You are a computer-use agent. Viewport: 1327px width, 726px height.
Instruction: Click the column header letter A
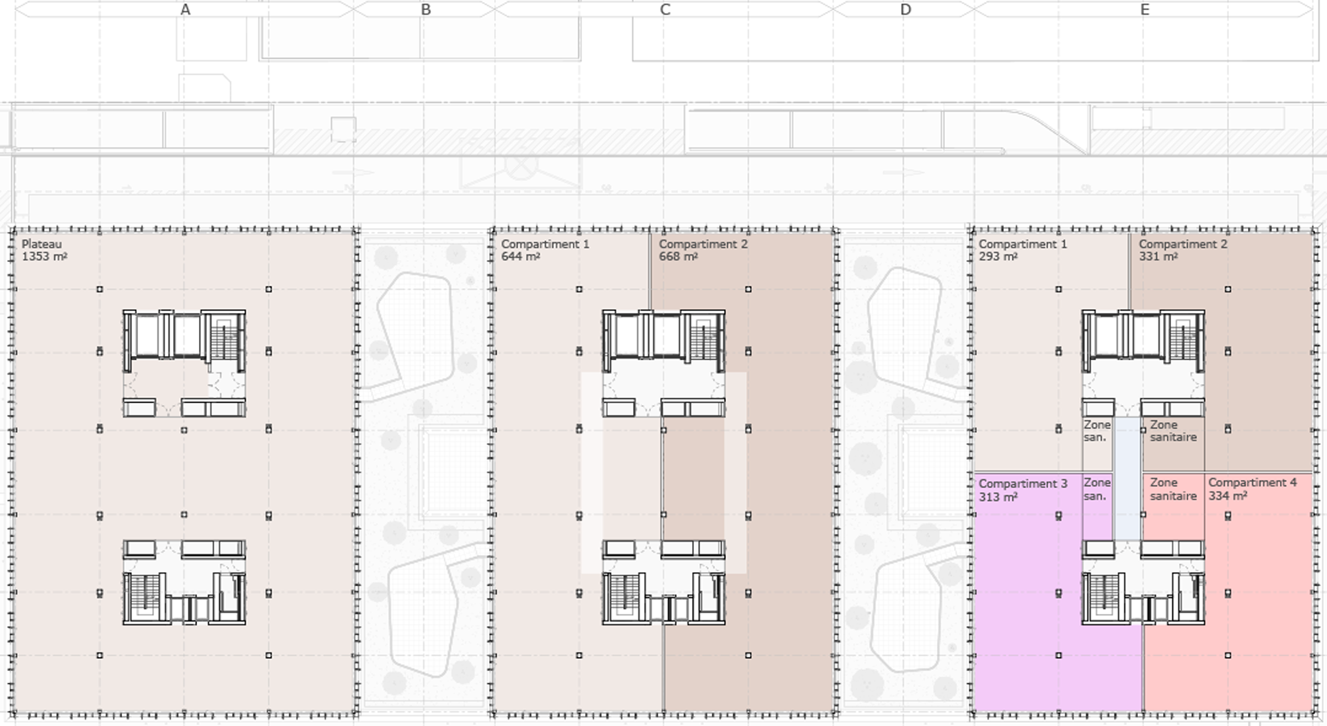[185, 9]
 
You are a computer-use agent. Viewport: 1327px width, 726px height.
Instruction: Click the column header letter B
[426, 9]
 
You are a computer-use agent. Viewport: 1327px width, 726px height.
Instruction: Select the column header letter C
[665, 9]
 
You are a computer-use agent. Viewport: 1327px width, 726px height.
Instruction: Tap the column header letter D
[906, 9]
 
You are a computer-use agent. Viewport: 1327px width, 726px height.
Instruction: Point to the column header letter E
[1145, 9]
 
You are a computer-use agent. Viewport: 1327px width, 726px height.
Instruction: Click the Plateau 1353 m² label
[44, 250]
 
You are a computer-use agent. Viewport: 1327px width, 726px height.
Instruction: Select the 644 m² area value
[520, 257]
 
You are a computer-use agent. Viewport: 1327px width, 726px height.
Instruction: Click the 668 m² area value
[678, 257]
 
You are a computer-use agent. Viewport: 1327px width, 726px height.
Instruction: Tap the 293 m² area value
[998, 257]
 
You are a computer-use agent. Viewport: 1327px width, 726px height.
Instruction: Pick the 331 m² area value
[1158, 257]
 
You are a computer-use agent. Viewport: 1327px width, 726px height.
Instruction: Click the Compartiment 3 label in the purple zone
[1023, 483]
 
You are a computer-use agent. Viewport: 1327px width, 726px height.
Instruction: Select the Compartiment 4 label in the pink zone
[1253, 483]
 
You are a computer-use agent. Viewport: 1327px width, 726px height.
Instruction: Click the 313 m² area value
[998, 497]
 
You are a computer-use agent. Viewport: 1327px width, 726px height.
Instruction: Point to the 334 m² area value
[1227, 495]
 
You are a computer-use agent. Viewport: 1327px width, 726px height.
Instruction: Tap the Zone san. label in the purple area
[1097, 489]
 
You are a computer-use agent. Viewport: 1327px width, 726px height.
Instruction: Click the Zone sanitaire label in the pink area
[1173, 489]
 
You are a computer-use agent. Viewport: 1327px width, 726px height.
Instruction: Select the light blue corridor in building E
[1127, 478]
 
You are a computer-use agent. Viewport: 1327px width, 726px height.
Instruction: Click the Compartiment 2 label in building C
[703, 244]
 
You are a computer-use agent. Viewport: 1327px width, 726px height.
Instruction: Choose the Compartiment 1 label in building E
[1023, 244]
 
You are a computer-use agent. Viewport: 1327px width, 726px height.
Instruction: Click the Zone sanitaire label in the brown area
[1173, 431]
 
